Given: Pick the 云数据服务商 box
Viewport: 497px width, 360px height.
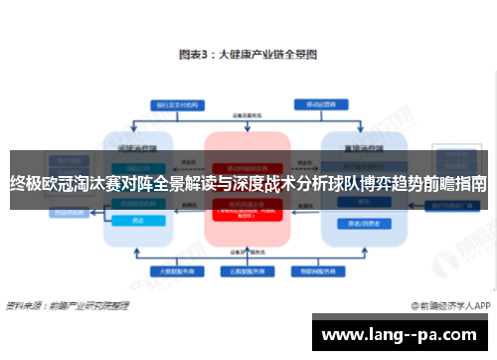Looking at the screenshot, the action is point(247,270).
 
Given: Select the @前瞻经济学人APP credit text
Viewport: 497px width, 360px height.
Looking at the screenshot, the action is point(443,306).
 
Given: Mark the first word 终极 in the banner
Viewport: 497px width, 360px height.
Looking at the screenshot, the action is point(25,184).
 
